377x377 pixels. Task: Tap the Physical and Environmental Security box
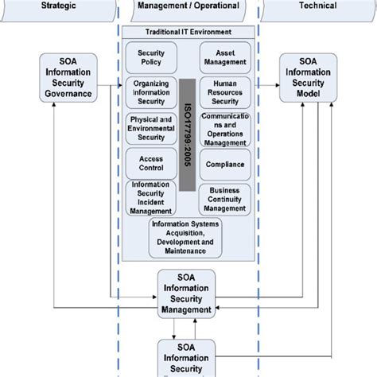(x=152, y=127)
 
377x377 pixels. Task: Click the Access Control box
(x=152, y=163)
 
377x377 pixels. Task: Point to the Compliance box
(x=225, y=165)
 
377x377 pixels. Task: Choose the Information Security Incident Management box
(x=152, y=198)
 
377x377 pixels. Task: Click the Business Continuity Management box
(x=225, y=199)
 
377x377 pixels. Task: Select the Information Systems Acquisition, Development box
(x=185, y=238)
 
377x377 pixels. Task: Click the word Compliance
(x=225, y=165)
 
